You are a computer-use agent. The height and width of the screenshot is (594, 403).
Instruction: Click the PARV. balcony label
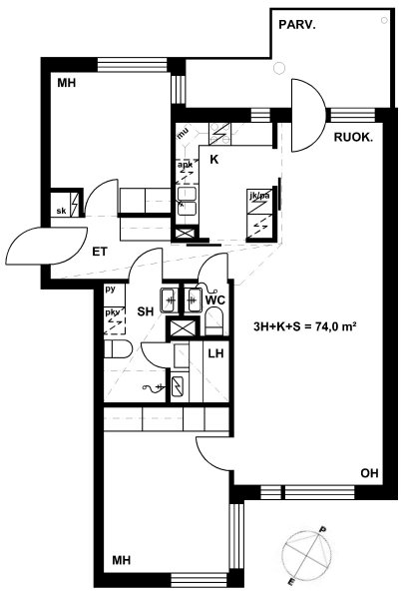coord(297,25)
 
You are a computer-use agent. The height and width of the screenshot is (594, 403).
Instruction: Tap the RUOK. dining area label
coord(353,138)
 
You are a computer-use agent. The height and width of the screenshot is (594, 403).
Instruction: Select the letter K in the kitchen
coord(214,160)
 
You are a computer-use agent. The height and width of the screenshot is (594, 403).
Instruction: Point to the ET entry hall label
coord(100,252)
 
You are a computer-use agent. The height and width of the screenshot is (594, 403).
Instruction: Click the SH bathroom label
coord(146,311)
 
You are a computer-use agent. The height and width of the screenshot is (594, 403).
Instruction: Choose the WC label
coord(214,300)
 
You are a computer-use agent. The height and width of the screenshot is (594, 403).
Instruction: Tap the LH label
coord(215,353)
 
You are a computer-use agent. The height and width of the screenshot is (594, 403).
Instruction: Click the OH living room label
coord(369,473)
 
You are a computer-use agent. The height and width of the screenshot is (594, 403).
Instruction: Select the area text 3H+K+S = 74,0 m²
coord(304,326)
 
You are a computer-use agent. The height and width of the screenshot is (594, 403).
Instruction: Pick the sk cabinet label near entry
coord(61,211)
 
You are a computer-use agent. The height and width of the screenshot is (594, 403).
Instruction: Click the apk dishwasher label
coord(185,165)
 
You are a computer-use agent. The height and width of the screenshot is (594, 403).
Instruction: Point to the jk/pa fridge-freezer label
coord(259,197)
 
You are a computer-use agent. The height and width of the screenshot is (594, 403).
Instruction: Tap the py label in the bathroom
coord(110,290)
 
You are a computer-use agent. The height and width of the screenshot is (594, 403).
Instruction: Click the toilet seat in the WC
coord(214,321)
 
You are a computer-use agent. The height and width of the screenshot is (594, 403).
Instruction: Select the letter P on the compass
coord(323,529)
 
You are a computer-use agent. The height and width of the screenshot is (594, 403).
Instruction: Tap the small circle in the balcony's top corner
coord(384,20)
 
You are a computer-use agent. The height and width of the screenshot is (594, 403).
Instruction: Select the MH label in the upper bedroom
coord(67,83)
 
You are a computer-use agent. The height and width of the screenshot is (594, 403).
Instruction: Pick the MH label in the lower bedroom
coord(122,560)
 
